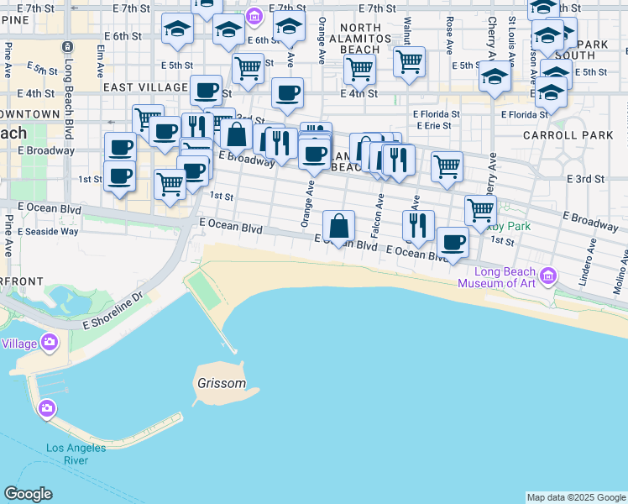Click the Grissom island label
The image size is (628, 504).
[x=222, y=384]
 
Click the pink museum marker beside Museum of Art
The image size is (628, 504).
[x=548, y=275]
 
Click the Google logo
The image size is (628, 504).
[x=28, y=494]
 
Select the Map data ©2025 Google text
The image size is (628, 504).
[x=575, y=497]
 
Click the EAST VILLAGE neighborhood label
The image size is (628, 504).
[x=145, y=87]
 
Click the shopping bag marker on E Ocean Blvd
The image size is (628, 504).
[x=338, y=227]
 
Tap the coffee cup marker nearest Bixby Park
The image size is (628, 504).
[x=453, y=243]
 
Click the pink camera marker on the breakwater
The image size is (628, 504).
[x=48, y=408]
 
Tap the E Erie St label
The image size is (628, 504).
[x=432, y=126]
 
